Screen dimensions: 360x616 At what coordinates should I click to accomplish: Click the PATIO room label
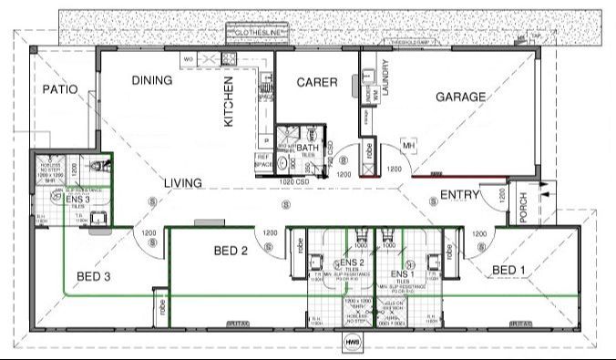59,90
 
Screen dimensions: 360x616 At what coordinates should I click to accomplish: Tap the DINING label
151,80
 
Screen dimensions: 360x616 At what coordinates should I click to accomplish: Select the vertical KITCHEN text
230,101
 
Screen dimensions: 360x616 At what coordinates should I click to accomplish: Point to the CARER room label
318,83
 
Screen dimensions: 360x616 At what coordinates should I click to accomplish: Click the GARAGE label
460,97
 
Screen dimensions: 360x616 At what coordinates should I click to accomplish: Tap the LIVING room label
182,183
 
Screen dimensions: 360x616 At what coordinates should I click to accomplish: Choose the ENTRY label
460,195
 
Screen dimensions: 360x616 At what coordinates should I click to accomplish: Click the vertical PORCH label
523,212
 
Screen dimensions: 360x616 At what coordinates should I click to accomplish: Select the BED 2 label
231,251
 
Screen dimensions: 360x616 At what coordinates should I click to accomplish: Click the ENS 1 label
402,273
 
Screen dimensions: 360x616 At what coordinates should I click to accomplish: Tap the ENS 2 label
354,263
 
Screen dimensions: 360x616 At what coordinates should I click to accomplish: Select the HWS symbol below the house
352,345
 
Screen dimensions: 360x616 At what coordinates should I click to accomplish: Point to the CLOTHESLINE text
262,33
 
